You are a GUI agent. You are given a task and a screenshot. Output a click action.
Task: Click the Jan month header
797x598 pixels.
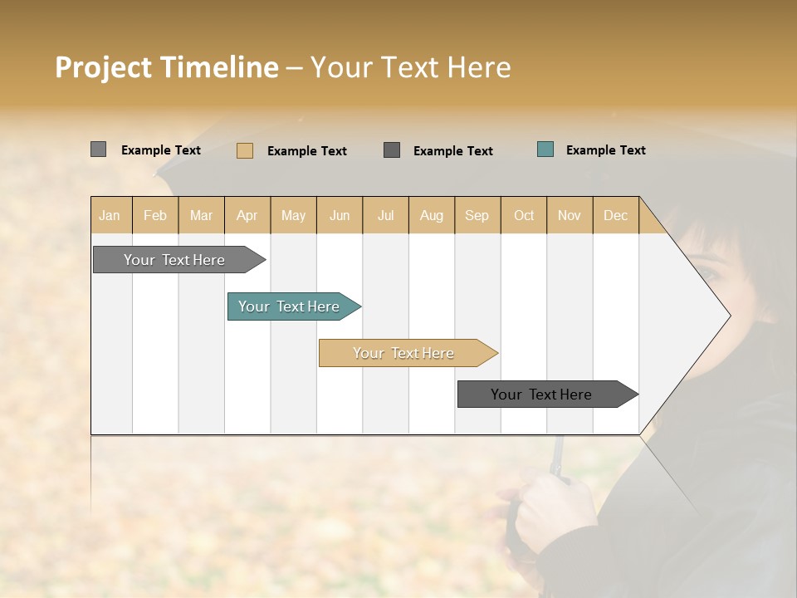tap(110, 215)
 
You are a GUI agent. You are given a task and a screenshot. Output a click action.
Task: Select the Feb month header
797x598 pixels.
tap(155, 215)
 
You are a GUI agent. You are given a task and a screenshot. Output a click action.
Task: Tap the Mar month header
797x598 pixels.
tap(201, 215)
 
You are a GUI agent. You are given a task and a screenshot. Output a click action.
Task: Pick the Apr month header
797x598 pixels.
tap(247, 215)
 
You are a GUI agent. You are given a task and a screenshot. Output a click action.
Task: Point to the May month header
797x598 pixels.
tap(293, 215)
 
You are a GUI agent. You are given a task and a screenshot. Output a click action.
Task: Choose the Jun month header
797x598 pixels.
tap(340, 215)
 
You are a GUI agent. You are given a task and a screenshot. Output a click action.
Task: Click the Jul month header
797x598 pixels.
tap(385, 215)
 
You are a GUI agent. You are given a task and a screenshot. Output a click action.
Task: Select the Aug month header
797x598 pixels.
tap(432, 215)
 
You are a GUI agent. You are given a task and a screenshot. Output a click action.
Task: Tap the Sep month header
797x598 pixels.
tap(477, 215)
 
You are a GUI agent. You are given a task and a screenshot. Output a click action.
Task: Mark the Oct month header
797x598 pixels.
tap(524, 215)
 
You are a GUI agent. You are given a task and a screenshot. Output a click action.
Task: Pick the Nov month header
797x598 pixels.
tap(570, 215)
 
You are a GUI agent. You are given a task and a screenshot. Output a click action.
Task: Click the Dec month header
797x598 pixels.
tap(616, 215)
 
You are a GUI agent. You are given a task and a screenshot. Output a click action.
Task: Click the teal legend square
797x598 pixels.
tap(545, 149)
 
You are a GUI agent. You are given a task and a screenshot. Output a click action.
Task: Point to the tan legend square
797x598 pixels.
tap(245, 150)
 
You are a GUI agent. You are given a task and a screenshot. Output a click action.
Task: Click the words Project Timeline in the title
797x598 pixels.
tap(167, 67)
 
